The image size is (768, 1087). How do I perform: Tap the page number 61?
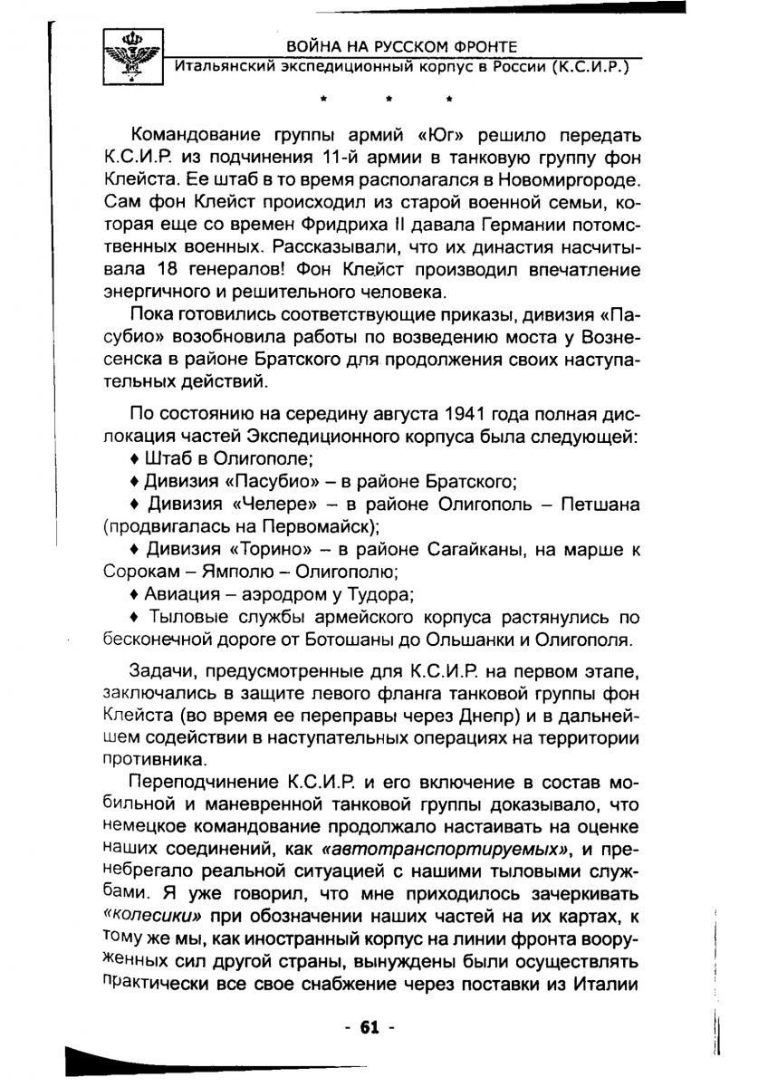coord(370,1026)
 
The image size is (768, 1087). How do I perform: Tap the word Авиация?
coord(178,595)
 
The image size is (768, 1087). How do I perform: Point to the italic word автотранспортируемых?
coord(443,848)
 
